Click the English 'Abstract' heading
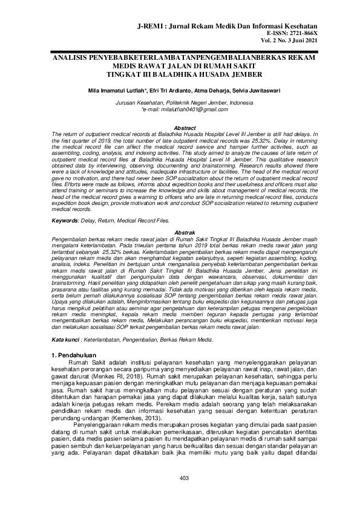point(185,128)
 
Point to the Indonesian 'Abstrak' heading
point(185,215)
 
